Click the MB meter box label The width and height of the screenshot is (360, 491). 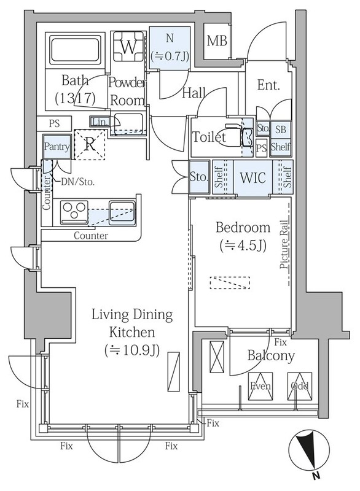[217, 41]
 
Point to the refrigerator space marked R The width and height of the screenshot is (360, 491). [90, 145]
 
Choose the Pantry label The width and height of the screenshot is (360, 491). [57, 147]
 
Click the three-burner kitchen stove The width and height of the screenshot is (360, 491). [74, 212]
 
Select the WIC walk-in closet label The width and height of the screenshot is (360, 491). [252, 177]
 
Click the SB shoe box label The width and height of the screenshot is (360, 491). [280, 130]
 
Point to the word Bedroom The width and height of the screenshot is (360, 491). [243, 227]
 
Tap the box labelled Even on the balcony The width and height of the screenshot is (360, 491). [260, 387]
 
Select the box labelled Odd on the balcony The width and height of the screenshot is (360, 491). [300, 387]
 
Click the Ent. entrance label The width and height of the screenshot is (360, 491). [268, 85]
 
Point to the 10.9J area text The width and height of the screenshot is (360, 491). [132, 350]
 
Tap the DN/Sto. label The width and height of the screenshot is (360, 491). [77, 182]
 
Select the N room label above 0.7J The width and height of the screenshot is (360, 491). [170, 39]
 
